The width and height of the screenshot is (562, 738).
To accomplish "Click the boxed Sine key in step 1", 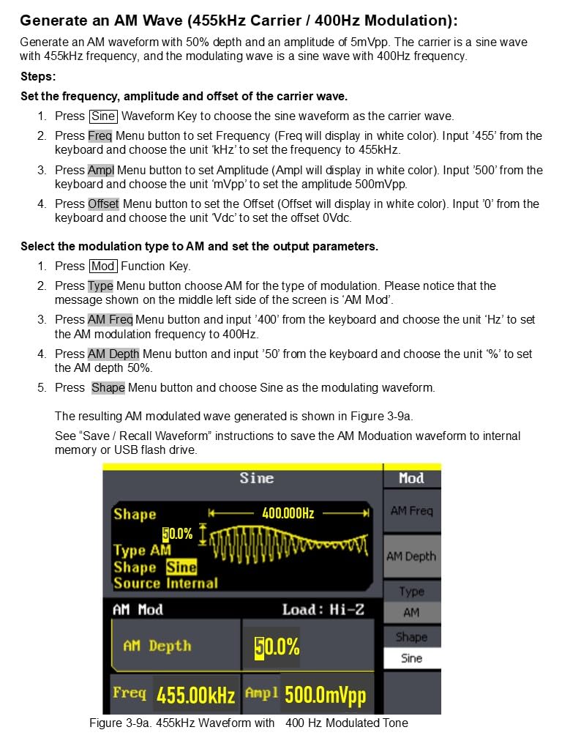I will [103, 116].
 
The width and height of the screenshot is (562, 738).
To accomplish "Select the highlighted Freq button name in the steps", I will [100, 136].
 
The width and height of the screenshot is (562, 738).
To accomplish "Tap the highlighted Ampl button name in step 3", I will [101, 171].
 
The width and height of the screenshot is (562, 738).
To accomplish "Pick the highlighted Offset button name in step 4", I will [103, 204].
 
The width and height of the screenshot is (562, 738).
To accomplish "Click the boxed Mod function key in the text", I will [102, 266].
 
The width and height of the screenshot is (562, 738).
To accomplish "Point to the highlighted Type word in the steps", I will [100, 286].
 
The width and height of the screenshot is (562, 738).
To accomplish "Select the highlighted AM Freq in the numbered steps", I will [110, 320].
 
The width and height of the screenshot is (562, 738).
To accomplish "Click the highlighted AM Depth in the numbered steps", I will [113, 354].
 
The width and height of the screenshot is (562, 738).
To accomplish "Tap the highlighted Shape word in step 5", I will [108, 388].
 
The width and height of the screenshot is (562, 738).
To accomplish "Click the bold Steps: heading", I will [38, 77].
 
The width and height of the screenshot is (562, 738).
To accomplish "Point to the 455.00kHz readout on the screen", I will [195, 695].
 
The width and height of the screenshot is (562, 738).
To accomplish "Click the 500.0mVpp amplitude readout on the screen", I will [325, 695].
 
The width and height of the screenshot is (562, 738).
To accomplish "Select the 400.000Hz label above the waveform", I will [288, 513].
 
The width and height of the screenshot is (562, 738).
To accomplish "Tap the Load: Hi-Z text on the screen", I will [323, 610].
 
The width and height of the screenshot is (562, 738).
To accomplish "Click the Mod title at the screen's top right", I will [411, 478].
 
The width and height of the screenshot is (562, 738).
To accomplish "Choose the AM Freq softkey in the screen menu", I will [411, 511].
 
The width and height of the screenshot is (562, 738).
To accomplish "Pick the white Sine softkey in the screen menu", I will [411, 658].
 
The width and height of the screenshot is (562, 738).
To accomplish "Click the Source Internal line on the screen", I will [165, 584].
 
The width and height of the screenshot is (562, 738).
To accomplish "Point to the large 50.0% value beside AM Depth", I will [277, 647].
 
